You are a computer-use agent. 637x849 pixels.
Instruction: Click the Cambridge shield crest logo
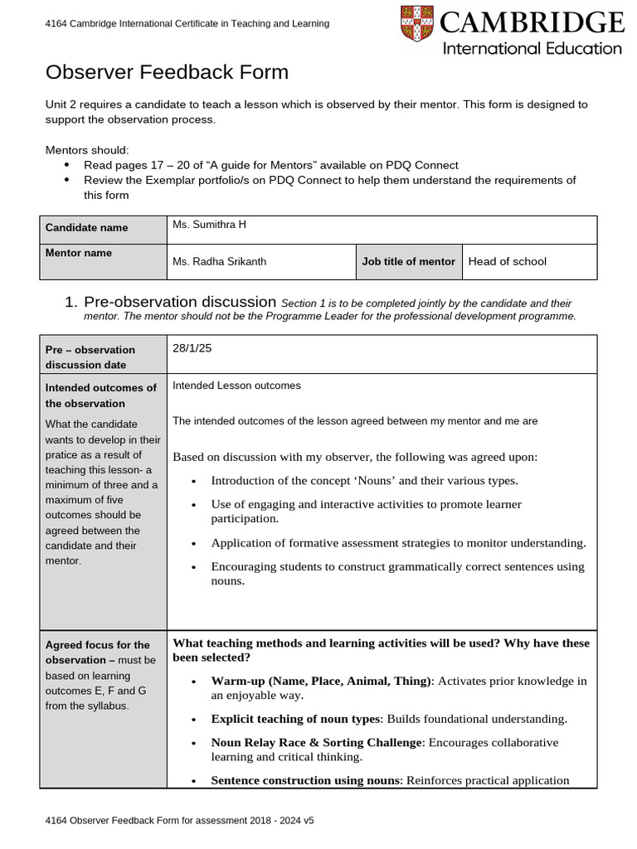point(416,24)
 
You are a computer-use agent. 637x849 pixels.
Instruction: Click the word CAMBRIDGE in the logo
point(532,22)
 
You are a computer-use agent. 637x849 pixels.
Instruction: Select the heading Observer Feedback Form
point(167,72)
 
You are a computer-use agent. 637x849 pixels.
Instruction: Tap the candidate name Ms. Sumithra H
point(209,225)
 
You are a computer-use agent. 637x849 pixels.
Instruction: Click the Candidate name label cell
point(86,227)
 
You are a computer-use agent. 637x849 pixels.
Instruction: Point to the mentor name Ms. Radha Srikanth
point(219,262)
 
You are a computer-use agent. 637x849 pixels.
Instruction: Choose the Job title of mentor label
point(408,262)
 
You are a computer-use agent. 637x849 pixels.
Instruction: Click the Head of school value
point(507,262)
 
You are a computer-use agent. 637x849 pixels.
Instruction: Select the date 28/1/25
point(192,348)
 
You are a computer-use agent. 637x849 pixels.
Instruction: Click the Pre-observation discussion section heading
point(180,302)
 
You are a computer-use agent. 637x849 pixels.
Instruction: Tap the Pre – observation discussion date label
point(90,357)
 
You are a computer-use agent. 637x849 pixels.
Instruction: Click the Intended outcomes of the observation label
point(100,395)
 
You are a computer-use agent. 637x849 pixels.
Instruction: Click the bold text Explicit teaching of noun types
point(295,719)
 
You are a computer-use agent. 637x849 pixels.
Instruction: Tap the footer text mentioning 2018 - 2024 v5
point(179,821)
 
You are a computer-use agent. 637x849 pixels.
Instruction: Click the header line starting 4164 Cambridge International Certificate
point(187,24)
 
